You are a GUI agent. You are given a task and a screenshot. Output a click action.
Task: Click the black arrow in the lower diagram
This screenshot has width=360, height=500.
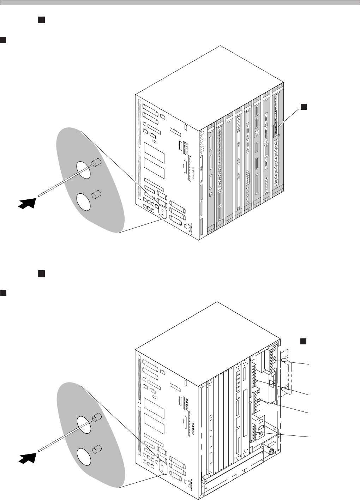[x=28, y=457]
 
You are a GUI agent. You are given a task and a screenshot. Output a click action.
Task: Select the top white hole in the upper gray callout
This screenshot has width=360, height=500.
[x=84, y=168]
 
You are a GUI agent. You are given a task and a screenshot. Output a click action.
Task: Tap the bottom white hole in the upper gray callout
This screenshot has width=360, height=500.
[x=84, y=201]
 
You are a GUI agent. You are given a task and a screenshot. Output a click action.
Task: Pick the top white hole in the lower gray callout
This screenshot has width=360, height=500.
[x=84, y=423]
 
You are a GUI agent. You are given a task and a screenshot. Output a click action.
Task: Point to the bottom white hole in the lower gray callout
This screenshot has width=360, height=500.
[x=84, y=456]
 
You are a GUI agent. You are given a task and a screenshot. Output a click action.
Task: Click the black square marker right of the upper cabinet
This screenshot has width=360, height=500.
[x=303, y=106]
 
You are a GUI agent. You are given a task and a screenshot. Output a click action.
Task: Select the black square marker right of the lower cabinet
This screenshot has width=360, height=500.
[x=303, y=341]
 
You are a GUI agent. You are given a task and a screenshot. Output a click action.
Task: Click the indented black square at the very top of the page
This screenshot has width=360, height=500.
[x=41, y=20]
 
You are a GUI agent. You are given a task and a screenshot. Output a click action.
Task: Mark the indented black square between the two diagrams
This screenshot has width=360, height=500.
[x=41, y=274]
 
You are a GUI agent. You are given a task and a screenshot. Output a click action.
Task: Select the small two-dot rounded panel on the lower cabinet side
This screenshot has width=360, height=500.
[x=162, y=466]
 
